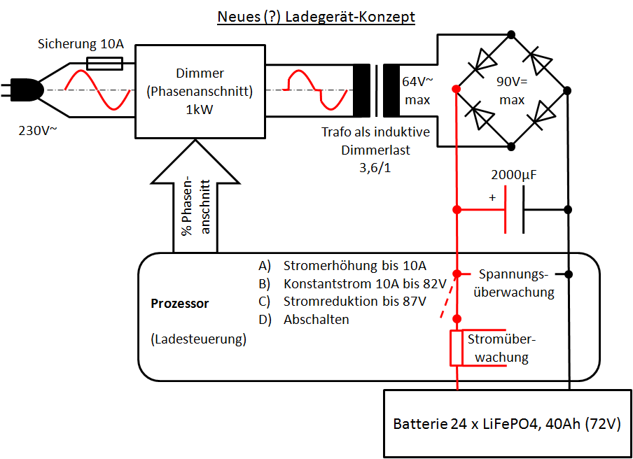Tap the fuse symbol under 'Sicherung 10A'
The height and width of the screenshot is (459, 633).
104,64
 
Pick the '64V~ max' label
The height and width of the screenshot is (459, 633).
417,91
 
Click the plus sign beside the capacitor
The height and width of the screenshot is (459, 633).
492,198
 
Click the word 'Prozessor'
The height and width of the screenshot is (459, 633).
179,304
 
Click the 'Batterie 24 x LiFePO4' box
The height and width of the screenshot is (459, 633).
507,424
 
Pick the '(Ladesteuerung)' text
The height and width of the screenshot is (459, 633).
198,339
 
